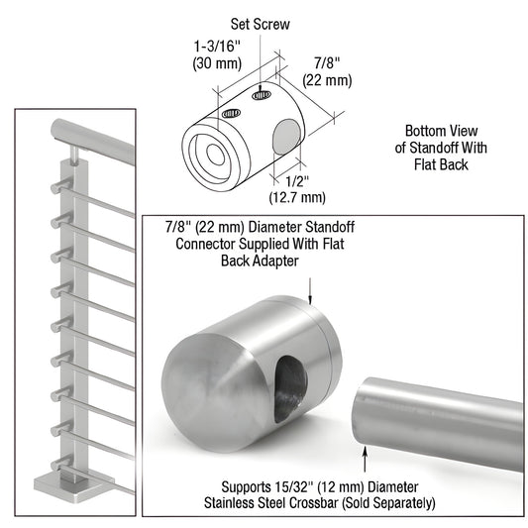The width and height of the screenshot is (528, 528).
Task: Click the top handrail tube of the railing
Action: pos(89,134)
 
